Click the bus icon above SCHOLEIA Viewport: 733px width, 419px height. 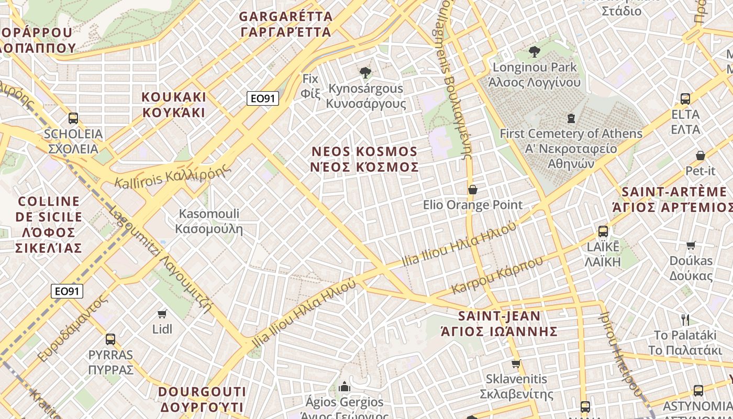pos(73,118)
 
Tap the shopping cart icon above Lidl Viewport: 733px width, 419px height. pos(162,314)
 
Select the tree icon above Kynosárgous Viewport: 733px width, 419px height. pos(365,73)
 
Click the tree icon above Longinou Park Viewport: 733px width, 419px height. pos(535,52)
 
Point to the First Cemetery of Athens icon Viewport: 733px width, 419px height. pos(571,118)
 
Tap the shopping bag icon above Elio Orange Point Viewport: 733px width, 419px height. pos(472,190)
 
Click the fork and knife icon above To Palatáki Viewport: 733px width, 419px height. pos(685,319)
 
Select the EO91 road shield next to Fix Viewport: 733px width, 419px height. pos(262,98)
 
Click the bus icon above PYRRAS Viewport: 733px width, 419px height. pos(110,339)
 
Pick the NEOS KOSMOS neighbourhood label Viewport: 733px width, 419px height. pos(365,159)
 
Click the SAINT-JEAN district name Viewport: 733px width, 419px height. pos(499,324)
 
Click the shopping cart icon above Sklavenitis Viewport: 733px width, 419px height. pos(516,363)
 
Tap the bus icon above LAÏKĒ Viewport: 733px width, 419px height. pos(603,231)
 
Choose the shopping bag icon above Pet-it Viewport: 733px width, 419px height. pos(700,156)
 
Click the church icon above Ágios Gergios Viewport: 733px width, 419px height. pos(345,387)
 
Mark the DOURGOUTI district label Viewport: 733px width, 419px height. pos(202,399)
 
